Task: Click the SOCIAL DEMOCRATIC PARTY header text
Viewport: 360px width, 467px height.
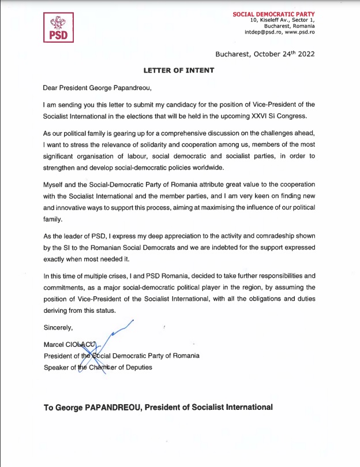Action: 274,13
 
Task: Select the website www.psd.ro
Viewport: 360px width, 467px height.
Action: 302,32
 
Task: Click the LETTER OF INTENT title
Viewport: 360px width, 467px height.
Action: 179,70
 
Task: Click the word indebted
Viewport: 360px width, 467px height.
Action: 227,247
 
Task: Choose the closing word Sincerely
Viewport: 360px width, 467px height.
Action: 58,328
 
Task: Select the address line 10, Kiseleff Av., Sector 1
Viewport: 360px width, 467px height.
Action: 282,20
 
